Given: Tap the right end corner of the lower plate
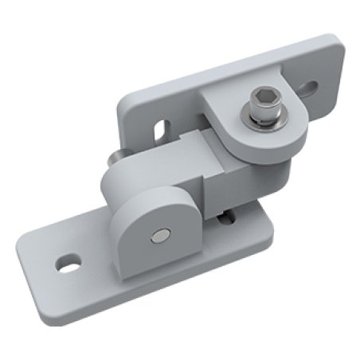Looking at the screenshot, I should [271, 211].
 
